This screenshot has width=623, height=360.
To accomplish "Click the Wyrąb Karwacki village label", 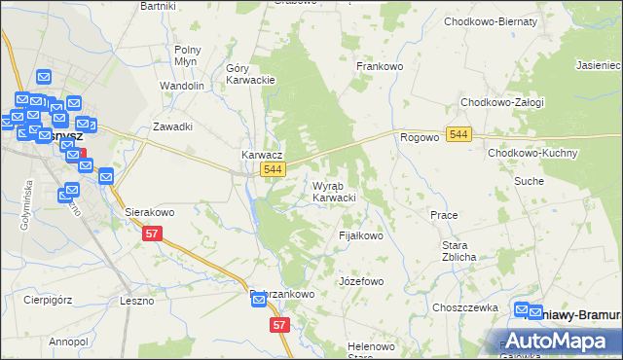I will point(334,192).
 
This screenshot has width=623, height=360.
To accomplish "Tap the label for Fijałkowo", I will point(360,235).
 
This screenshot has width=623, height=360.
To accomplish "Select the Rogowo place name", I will point(419,138).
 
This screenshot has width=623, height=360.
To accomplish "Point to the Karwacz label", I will point(262,155).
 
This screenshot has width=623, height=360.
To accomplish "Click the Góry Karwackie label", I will point(251,74).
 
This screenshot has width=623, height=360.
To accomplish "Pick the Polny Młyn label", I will point(187,54).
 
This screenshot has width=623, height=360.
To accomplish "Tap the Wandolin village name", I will point(182,86).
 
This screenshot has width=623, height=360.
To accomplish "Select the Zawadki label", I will point(172,126).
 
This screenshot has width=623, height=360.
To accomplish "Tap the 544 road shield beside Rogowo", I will point(459,133).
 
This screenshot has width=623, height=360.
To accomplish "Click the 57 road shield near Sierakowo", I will point(151,234).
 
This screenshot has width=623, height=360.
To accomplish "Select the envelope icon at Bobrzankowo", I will point(259,299).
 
